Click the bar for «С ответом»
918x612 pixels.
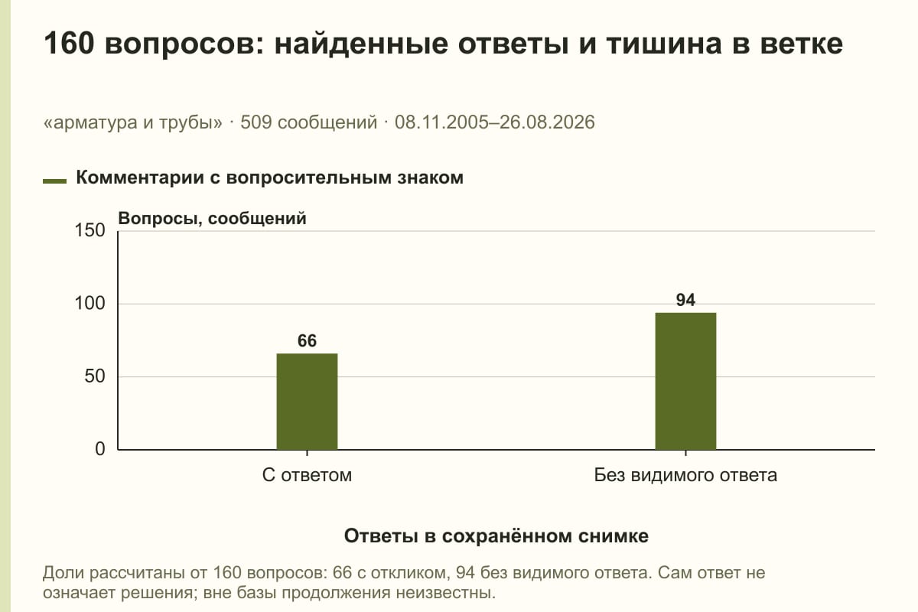click(x=307, y=402)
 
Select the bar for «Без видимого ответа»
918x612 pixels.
click(x=685, y=381)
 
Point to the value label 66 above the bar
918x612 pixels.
click(x=307, y=341)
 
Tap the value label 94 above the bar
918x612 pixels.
click(x=685, y=300)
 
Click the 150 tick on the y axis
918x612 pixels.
click(x=90, y=230)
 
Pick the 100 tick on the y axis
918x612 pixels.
click(x=90, y=304)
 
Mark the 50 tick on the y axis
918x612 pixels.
click(x=95, y=376)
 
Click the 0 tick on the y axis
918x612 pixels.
click(x=100, y=449)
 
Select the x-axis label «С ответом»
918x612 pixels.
click(x=307, y=475)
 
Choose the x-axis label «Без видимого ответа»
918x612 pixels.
click(x=685, y=475)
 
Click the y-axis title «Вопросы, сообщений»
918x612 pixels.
click(x=213, y=219)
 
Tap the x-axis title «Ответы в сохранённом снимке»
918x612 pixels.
click(x=496, y=535)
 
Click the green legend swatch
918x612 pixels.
click(x=54, y=181)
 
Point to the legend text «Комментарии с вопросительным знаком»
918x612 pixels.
click(x=269, y=178)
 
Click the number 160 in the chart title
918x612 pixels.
click(x=69, y=44)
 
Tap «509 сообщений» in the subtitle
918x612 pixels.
click(x=308, y=122)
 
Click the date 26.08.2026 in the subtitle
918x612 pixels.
click(x=547, y=122)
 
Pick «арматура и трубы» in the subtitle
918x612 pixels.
click(x=133, y=123)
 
